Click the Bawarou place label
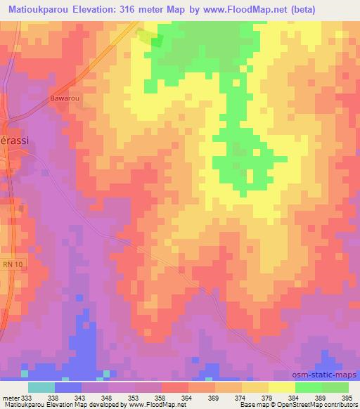point(64,98)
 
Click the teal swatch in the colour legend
point(41,387)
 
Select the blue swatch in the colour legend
point(68,387)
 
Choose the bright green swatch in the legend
point(308,387)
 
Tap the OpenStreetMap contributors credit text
point(320,405)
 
